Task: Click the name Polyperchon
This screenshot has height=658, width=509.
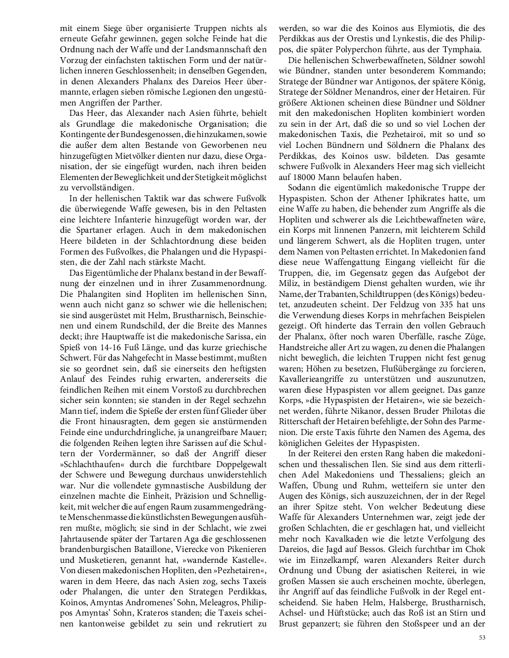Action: pos(349,49)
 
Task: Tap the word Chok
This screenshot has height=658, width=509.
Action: pos(476,537)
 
